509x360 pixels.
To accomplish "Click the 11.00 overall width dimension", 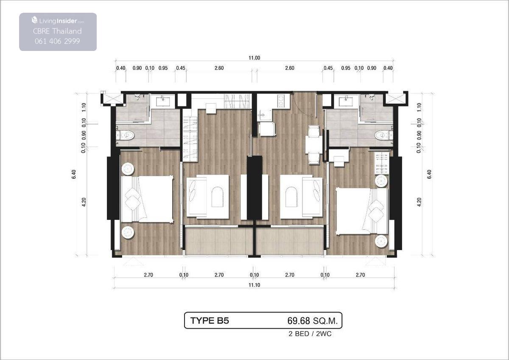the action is (254, 58).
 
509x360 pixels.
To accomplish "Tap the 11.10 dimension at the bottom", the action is (254, 285).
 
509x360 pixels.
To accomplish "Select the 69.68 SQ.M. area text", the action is (313, 321).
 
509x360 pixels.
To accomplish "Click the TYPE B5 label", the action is (210, 321).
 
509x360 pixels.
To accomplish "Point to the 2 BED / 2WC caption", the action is (310, 334).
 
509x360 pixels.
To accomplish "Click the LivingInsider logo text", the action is (58, 21).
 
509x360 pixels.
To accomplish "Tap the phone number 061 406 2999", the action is (57, 41).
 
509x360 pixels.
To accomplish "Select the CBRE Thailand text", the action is (57, 31).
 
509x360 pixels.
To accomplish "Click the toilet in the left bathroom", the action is (125, 135).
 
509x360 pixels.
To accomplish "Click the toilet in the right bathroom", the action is (384, 135).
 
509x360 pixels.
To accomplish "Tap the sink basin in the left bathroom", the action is (163, 101).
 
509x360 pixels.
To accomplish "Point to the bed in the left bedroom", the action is (147, 199).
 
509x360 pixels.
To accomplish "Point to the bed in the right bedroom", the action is (362, 211).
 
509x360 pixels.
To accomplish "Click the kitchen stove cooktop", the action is (281, 101).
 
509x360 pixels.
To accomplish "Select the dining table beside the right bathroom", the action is (314, 145).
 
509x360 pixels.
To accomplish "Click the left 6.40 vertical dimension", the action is (74, 174).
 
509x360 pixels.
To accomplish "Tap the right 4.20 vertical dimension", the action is (419, 202).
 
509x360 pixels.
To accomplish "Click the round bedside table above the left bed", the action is (128, 169).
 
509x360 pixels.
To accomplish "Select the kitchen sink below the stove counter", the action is (263, 115).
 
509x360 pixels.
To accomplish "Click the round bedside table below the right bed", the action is (381, 241).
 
